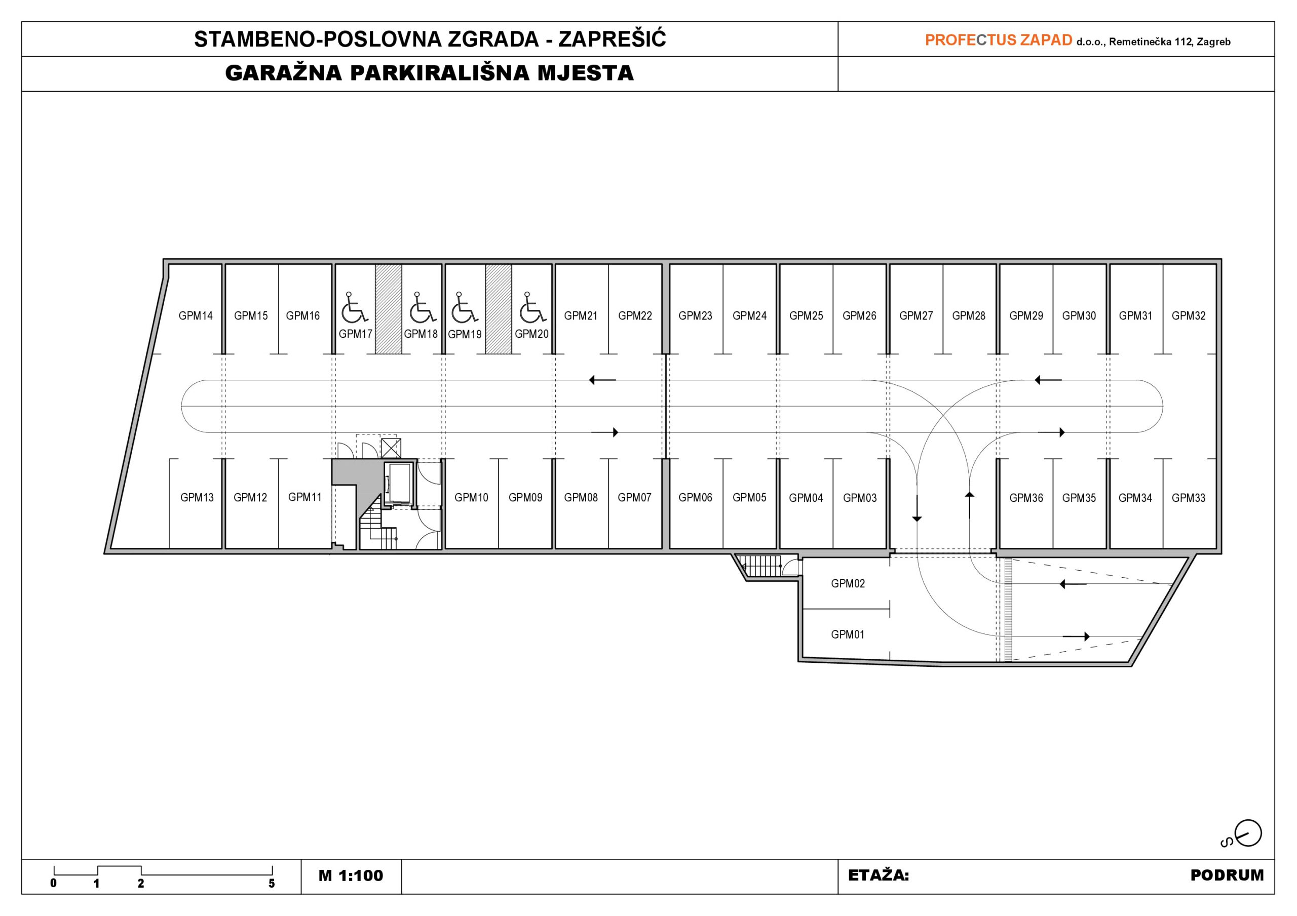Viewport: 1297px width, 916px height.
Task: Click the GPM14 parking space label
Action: [196, 315]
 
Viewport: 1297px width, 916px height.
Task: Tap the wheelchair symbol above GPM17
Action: [354, 307]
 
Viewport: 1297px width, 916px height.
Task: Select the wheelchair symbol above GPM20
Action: [532, 307]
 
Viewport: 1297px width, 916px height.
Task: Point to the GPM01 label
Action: [847, 634]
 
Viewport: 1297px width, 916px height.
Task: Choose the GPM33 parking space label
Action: [1189, 498]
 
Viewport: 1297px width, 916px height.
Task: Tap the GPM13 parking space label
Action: [197, 498]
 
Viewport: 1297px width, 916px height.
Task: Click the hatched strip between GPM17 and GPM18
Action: [389, 309]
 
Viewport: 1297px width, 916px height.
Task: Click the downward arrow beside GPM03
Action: [917, 508]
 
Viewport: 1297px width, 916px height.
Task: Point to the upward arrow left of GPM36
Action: [969, 505]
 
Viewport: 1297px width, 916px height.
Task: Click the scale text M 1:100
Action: [351, 876]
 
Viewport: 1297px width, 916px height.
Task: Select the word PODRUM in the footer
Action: [1227, 875]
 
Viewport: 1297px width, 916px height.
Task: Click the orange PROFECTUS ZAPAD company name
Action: [998, 40]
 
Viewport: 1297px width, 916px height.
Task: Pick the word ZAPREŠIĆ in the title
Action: [613, 38]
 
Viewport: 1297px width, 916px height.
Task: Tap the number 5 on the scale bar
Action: [272, 884]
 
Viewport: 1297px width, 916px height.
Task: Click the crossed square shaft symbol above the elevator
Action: [391, 448]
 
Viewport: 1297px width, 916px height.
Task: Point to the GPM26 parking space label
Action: [859, 315]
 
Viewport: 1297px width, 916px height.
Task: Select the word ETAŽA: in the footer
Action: [879, 875]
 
